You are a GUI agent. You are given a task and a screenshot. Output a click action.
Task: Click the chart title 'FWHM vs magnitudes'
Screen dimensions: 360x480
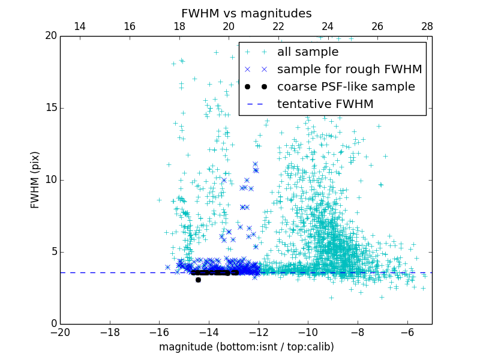[x=246, y=13]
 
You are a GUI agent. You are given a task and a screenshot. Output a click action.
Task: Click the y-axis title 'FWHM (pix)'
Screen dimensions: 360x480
[x=35, y=179]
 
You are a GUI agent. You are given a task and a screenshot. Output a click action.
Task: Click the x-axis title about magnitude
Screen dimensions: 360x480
[x=246, y=347]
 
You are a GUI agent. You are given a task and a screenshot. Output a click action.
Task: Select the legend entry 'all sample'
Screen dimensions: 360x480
[x=308, y=52]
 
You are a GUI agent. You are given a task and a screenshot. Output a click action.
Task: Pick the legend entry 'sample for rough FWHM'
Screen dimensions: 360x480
[x=349, y=70]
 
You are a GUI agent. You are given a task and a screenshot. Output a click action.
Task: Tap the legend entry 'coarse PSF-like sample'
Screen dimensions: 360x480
[x=346, y=87]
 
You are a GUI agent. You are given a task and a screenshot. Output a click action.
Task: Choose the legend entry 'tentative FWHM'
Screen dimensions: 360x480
[x=325, y=104]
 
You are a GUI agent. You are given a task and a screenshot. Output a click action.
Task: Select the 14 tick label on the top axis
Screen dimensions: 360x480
[x=79, y=26]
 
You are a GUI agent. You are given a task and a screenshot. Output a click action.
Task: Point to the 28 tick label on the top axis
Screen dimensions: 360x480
[x=427, y=26]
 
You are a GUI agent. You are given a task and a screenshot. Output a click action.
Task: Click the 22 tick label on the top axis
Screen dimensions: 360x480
[x=278, y=26]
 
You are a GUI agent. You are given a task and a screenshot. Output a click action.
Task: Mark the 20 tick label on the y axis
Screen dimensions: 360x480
[x=50, y=36]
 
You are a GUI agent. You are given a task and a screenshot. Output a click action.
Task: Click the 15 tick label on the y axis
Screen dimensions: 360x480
[x=50, y=108]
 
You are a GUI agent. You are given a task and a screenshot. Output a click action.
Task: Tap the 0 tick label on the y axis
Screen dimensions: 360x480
[x=53, y=324]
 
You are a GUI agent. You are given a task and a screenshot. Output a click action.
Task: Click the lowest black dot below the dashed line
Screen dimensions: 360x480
[x=198, y=280]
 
